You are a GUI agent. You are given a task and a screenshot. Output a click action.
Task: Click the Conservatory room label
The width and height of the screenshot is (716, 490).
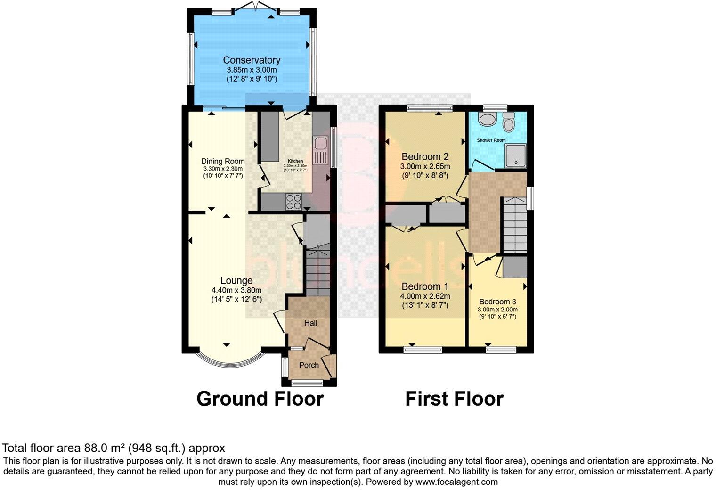(252, 60)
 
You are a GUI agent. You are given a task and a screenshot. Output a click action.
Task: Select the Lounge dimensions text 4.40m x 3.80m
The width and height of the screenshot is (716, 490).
(236, 290)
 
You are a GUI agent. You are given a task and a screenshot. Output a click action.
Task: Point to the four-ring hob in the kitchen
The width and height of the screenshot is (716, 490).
(294, 202)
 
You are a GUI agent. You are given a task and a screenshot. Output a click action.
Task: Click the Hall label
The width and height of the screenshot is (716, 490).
(310, 323)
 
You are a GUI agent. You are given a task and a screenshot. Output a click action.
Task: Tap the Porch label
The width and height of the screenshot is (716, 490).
(309, 365)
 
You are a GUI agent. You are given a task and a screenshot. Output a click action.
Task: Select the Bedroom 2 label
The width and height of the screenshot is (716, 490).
(425, 157)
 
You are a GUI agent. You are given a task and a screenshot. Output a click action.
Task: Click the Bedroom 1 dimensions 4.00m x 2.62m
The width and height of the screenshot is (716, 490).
(425, 296)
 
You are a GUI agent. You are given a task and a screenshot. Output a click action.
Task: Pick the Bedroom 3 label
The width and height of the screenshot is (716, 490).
(497, 302)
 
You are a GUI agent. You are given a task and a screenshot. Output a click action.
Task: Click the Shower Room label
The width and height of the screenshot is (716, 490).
(491, 140)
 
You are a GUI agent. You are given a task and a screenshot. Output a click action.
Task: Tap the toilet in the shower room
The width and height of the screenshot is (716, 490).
(508, 122)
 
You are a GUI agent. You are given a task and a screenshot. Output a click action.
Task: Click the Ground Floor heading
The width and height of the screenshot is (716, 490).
(260, 399)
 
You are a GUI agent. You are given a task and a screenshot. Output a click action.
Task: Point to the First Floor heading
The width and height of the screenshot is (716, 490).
(455, 399)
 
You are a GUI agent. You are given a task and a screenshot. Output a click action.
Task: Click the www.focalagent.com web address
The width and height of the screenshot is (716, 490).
(457, 482)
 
